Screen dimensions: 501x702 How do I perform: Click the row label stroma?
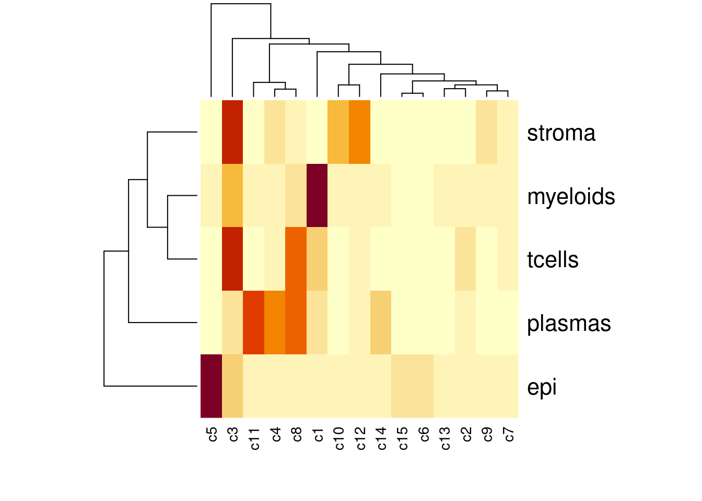coord(561,133)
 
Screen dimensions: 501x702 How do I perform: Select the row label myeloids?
coord(571,197)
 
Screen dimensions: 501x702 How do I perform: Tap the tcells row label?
coord(553,260)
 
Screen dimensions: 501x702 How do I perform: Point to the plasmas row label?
coord(569,324)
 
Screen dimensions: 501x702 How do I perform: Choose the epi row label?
coord(542,387)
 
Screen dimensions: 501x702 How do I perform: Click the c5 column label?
coord(212,434)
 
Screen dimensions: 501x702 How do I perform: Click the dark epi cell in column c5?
coord(212,386)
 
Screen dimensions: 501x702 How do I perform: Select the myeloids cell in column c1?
coord(317,196)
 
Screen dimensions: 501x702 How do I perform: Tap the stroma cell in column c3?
coord(232,132)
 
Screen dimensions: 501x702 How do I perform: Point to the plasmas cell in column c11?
coord(254,323)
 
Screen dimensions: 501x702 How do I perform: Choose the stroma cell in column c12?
coord(360,132)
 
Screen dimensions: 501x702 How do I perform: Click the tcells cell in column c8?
coord(296,259)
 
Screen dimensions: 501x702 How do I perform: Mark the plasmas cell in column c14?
coord(381,323)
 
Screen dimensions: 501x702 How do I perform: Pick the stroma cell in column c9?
coord(487,132)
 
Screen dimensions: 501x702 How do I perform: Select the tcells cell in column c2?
coord(465,259)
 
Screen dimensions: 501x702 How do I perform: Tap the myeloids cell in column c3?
coord(232,196)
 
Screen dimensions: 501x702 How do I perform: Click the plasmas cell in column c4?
coord(275,323)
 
